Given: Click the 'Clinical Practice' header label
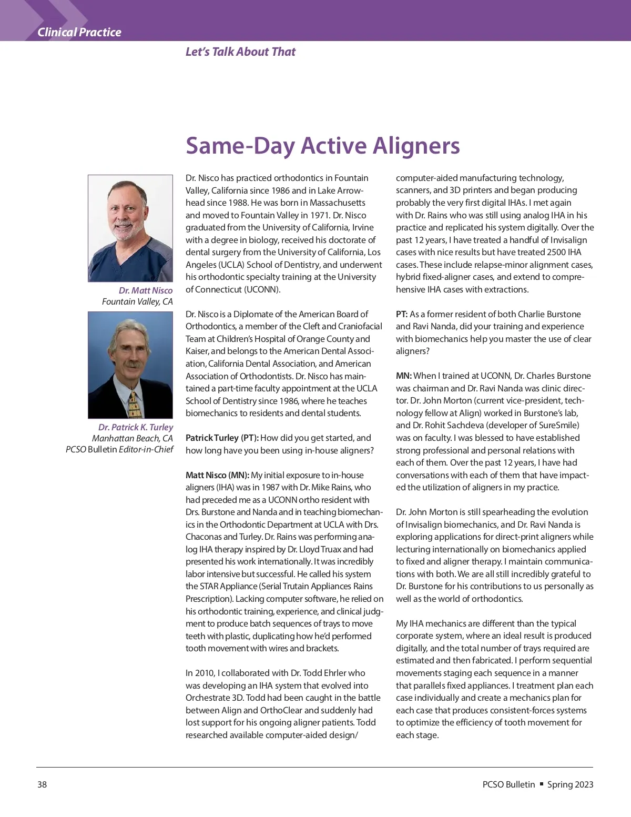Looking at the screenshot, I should point(79,33).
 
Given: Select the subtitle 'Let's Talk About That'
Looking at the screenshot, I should point(240,52).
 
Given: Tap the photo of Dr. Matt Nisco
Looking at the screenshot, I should point(130,228).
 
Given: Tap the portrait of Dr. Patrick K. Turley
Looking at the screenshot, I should point(130,365).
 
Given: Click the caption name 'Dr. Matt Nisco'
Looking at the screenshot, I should point(146,290).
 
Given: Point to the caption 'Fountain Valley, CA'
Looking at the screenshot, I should point(137,301).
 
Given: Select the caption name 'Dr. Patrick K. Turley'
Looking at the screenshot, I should point(135,427).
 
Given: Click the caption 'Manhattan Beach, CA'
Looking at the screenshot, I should point(132,438).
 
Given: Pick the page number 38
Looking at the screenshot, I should point(42,784).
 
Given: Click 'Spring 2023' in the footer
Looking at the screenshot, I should point(570,784).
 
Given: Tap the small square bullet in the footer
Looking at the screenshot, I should point(542,784).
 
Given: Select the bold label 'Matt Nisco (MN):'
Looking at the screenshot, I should point(217,475).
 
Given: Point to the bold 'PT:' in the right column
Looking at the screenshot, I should point(402,314).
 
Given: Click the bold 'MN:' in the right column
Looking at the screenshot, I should point(404,376).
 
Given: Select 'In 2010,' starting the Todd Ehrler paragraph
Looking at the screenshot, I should point(200,673).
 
